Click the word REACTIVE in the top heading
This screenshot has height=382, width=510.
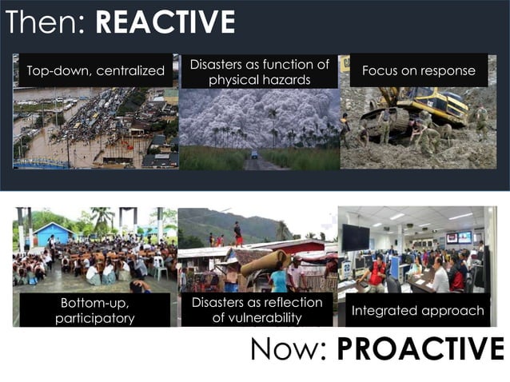(x=165, y=22)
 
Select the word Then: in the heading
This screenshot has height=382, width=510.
(x=46, y=22)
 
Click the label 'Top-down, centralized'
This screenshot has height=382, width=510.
(x=95, y=72)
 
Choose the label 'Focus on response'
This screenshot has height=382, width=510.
(x=418, y=71)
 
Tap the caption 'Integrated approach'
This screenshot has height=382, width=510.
(x=417, y=310)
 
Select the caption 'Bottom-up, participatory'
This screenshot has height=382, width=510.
(x=94, y=311)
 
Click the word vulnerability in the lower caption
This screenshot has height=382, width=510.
(x=257, y=318)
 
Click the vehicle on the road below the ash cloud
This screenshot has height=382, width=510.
(x=254, y=154)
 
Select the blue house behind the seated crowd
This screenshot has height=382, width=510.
(x=55, y=234)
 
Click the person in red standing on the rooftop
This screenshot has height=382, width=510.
(x=238, y=233)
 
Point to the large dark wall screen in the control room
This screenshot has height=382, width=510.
(x=355, y=237)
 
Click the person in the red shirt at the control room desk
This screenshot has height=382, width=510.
(x=377, y=272)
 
